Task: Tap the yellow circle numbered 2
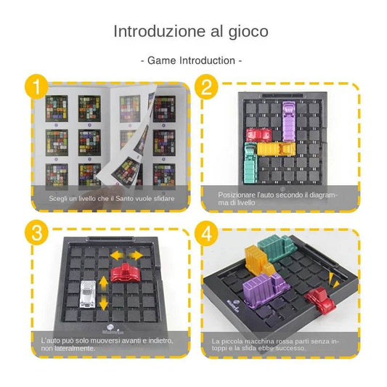click(x=207, y=88)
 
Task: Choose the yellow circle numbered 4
click(x=207, y=235)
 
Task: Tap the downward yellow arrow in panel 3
click(x=102, y=304)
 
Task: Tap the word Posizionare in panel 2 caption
click(x=236, y=195)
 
